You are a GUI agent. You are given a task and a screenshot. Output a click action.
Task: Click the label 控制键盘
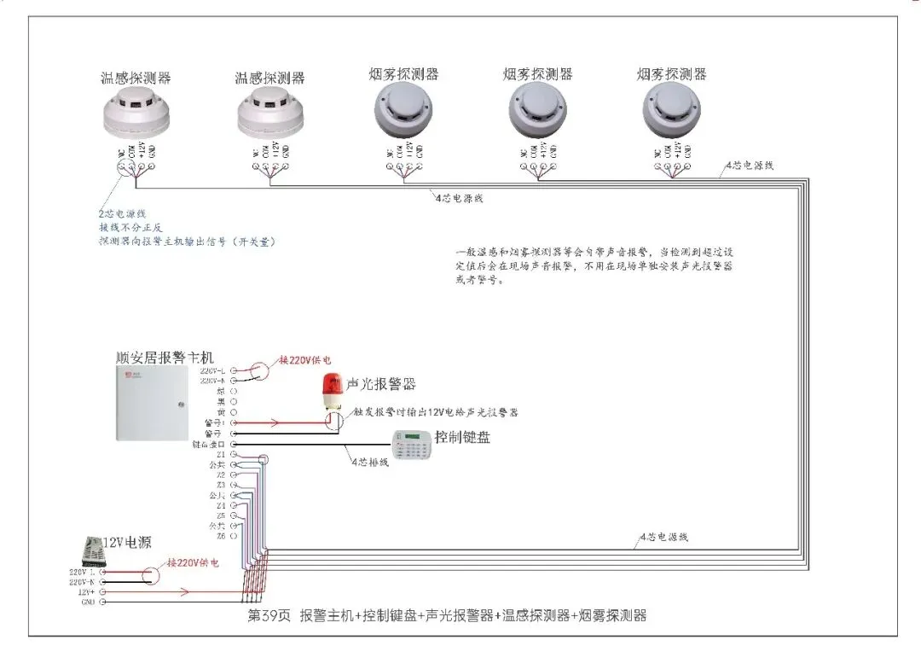[x=462, y=438]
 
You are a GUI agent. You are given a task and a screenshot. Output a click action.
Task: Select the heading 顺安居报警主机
[x=165, y=357]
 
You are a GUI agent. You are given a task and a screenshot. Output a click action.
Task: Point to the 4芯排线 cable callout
[x=369, y=462]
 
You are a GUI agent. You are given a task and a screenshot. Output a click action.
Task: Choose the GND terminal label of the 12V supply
[x=87, y=602]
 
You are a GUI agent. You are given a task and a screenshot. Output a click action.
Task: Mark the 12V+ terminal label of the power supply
[x=85, y=591]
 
